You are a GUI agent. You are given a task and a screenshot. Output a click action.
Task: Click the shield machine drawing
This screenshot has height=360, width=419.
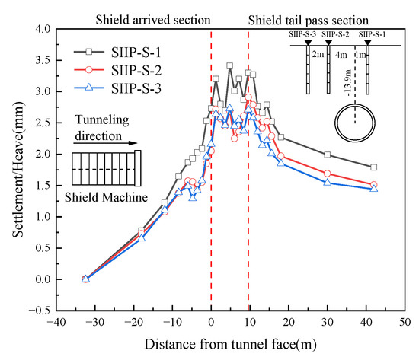tap(102, 168)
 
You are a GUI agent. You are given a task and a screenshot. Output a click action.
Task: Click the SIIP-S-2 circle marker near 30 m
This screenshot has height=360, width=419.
tap(328, 174)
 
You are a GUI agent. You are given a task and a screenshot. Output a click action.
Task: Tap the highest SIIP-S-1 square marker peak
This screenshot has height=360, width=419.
tap(230, 66)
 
